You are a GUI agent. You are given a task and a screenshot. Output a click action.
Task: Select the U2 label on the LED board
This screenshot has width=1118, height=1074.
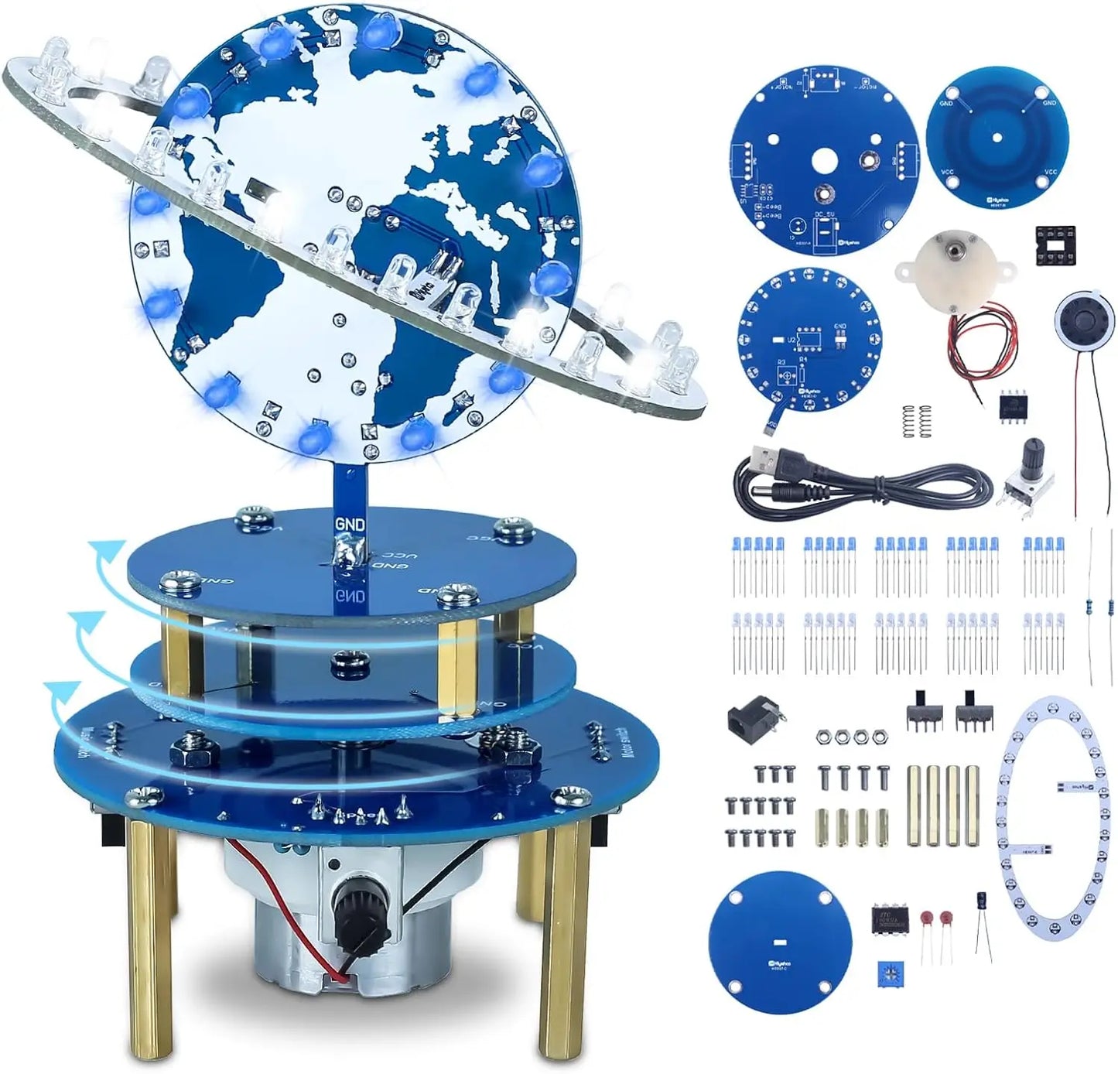tap(791, 339)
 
